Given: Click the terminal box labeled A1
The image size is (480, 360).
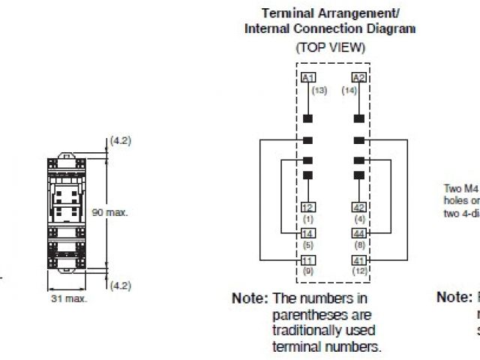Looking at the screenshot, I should pyautogui.click(x=307, y=78).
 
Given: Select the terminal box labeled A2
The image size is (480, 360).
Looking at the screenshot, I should pyautogui.click(x=358, y=78).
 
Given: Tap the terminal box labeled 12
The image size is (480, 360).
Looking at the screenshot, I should pyautogui.click(x=307, y=207).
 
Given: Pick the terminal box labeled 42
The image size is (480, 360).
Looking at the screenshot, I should pyautogui.click(x=358, y=207).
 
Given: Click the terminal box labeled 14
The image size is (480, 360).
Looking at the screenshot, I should pyautogui.click(x=307, y=233).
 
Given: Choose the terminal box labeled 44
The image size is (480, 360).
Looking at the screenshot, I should pyautogui.click(x=358, y=233).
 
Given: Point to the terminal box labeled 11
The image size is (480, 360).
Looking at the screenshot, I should pyautogui.click(x=307, y=259).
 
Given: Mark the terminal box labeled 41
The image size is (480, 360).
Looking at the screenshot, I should pyautogui.click(x=358, y=259).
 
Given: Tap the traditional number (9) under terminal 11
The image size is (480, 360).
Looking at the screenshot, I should pyautogui.click(x=307, y=270).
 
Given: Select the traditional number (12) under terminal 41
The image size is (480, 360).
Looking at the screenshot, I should pyautogui.click(x=359, y=270).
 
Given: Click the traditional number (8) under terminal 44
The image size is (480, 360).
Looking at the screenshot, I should pyautogui.click(x=358, y=244).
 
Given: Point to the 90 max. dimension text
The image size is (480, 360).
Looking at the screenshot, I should pyautogui.click(x=110, y=212).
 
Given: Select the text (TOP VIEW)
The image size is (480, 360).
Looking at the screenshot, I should pyautogui.click(x=330, y=47).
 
